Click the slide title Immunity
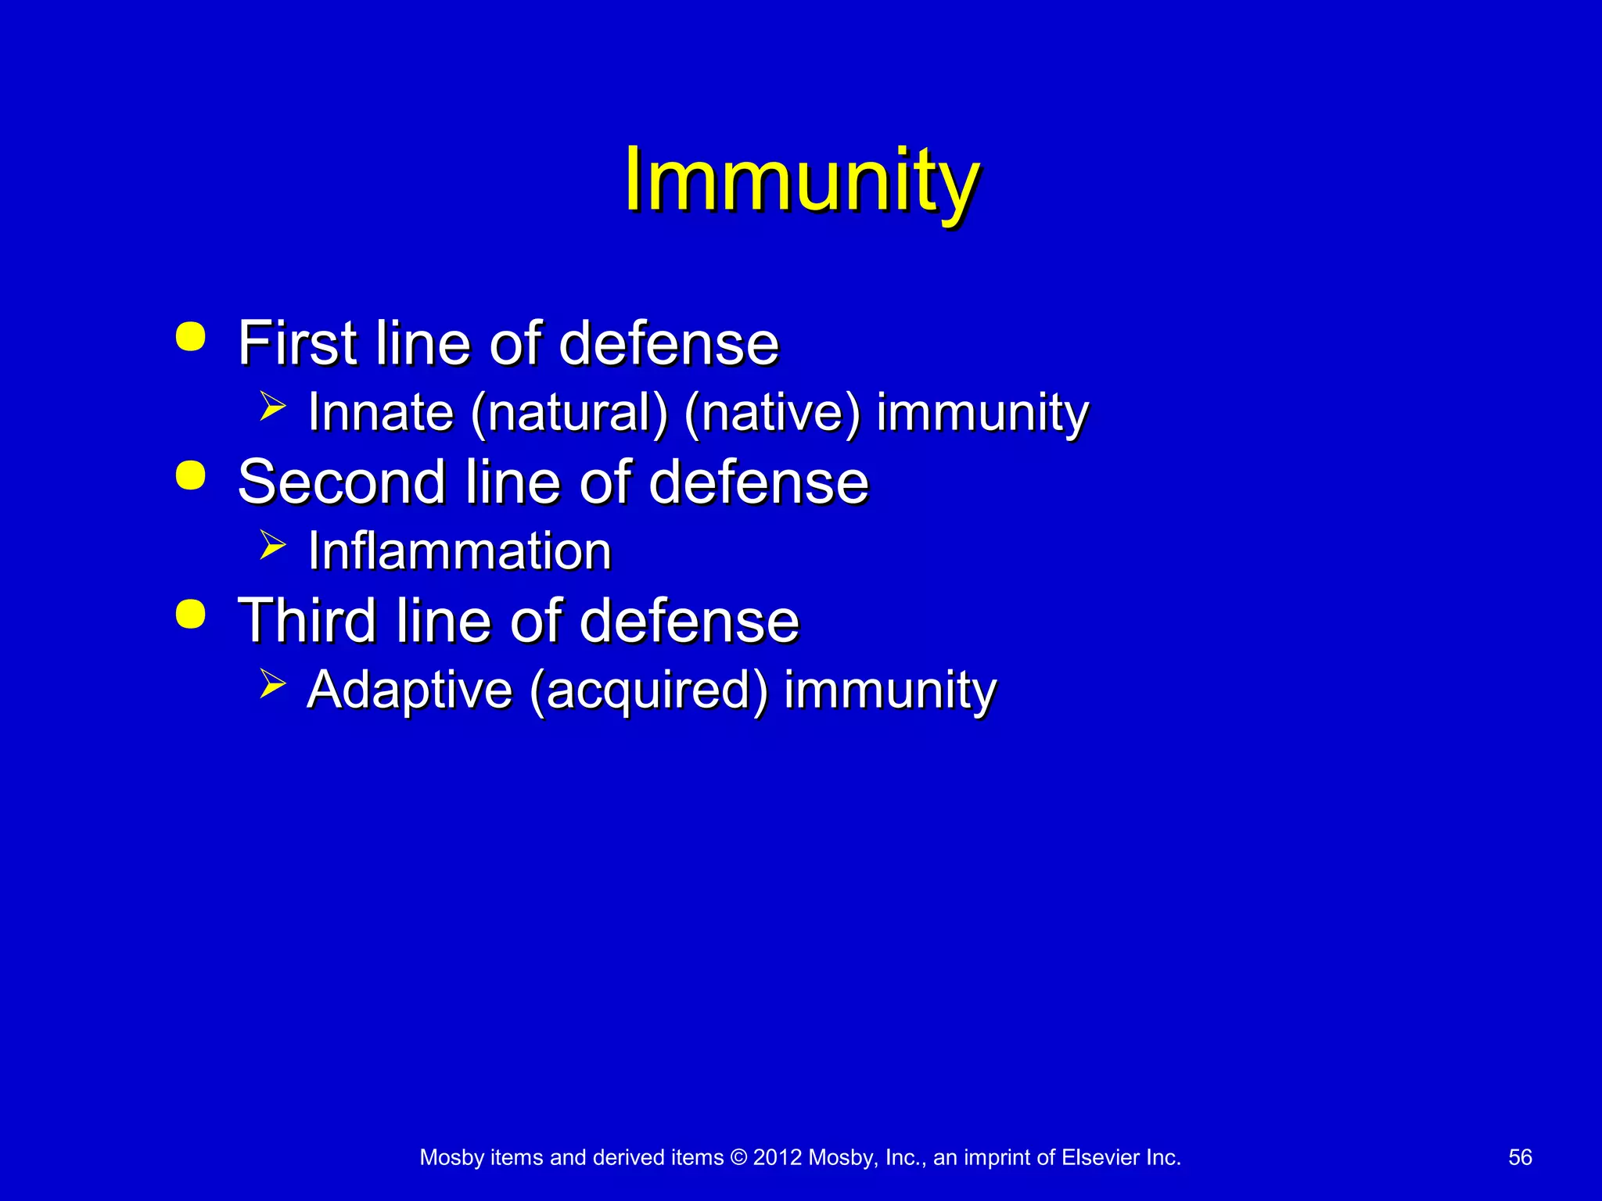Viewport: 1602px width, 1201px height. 801,181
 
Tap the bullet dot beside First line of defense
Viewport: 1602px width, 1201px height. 191,337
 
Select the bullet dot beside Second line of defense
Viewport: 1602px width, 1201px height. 191,475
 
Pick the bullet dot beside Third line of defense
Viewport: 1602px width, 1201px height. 191,614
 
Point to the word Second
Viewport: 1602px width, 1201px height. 342,482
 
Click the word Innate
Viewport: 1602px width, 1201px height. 381,412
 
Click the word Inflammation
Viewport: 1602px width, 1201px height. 459,551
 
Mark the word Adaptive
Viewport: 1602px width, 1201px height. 410,690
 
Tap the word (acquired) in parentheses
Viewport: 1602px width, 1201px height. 649,690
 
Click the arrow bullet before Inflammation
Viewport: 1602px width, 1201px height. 272,545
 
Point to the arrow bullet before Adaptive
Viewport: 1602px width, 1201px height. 272,683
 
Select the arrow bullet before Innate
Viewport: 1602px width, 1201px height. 272,407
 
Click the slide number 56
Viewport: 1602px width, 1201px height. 1520,1157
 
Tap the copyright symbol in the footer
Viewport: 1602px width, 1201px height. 738,1157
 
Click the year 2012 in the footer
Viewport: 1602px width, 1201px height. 778,1157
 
